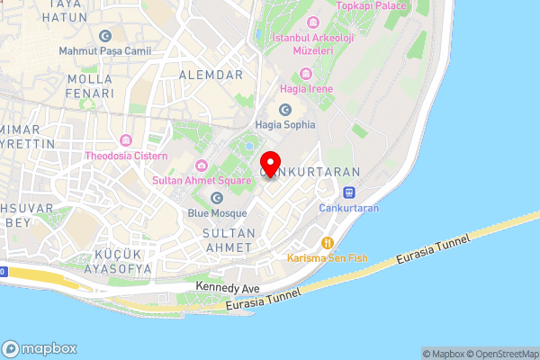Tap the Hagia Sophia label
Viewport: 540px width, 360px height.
pos(285,125)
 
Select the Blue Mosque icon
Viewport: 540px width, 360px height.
pos(217,198)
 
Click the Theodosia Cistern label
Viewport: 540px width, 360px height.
pos(126,155)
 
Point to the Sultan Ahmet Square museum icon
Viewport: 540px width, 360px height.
pos(201,165)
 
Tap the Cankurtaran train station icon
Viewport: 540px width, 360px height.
pos(348,192)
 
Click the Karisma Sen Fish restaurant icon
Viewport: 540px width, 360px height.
pos(328,242)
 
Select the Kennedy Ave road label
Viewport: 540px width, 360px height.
pos(228,288)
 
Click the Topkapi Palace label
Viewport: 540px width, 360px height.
pos(372,5)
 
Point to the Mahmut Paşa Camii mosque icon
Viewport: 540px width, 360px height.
pos(105,36)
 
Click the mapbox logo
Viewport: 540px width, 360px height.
pos(40,348)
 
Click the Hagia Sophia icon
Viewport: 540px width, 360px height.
pos(285,110)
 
